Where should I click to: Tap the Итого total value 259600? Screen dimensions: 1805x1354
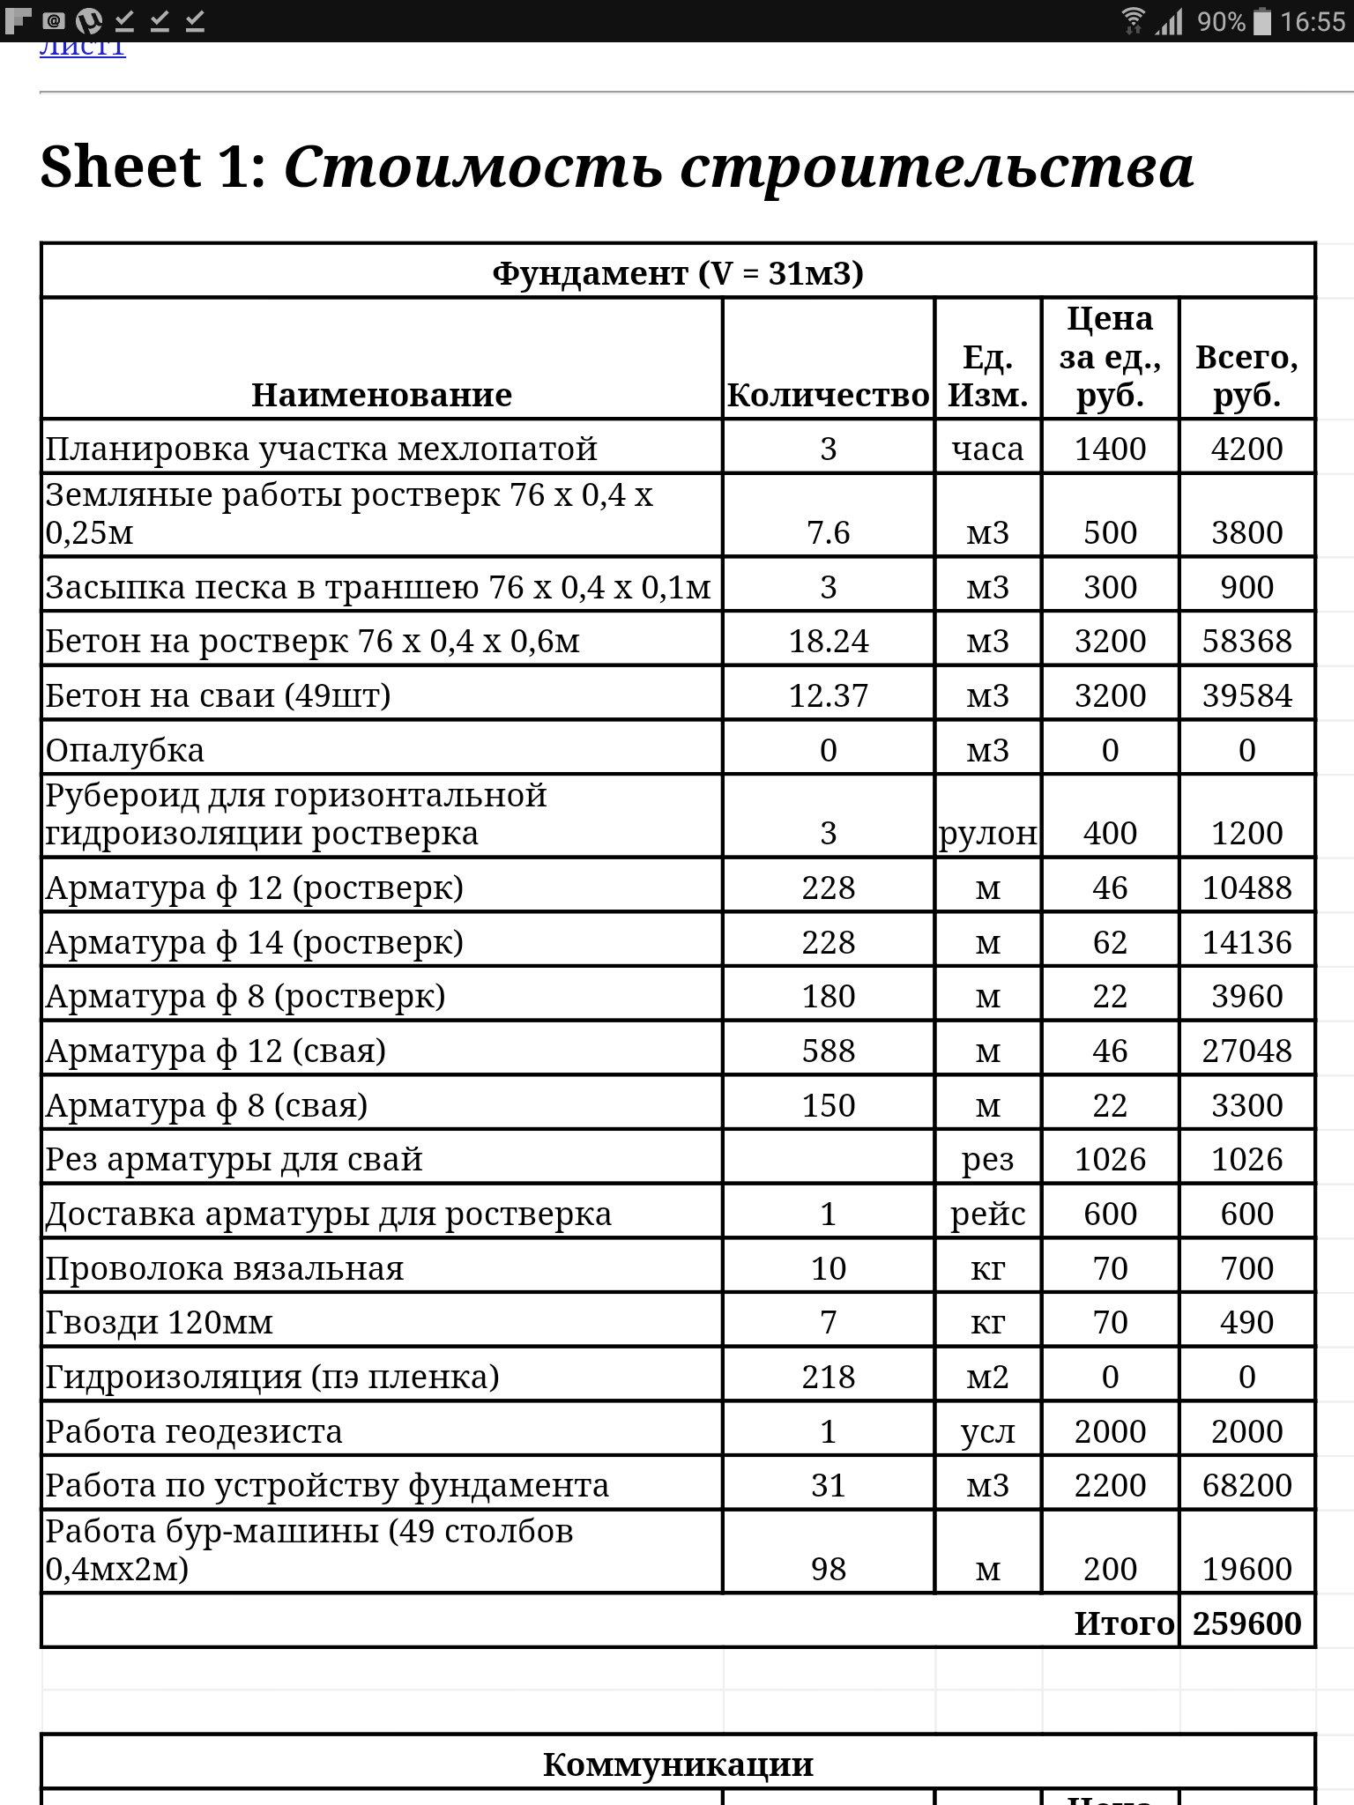[x=1246, y=1623]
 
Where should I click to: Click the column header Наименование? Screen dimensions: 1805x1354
[x=382, y=395]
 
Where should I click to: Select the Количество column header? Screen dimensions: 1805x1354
[x=828, y=396]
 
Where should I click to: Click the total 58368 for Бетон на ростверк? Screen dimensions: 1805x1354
[x=1246, y=641]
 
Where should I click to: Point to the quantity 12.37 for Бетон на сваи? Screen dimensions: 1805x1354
[x=828, y=695]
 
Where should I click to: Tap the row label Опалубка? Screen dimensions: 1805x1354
[x=125, y=750]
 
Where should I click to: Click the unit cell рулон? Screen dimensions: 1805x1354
[x=987, y=833]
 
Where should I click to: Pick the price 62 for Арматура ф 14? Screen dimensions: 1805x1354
[x=1110, y=942]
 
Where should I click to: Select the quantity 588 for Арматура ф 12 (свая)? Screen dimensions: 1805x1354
[x=828, y=1051]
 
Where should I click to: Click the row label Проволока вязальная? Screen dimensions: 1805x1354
[x=225, y=1268]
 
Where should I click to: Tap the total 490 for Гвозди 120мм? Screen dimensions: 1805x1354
[x=1246, y=1322]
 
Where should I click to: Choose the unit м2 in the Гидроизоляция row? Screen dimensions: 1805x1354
[x=987, y=1377]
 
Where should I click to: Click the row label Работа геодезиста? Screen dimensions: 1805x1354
[x=194, y=1431]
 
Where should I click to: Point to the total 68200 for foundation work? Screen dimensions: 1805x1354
[x=1246, y=1485]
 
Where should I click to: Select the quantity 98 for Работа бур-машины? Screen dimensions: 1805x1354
[x=828, y=1569]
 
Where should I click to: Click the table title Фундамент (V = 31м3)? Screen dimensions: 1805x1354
[x=677, y=273]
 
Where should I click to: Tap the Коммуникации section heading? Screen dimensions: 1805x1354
[x=677, y=1764]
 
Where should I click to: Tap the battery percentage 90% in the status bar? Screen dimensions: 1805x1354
[x=1221, y=21]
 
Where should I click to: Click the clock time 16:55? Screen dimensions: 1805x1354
[x=1313, y=21]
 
